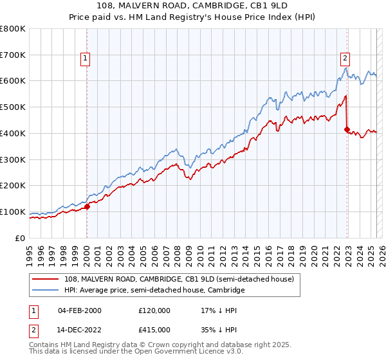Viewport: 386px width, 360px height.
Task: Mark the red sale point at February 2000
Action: pos(87,206)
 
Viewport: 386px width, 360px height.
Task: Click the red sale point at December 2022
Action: pos(347,129)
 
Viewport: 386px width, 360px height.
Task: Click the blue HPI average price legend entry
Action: pos(154,291)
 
